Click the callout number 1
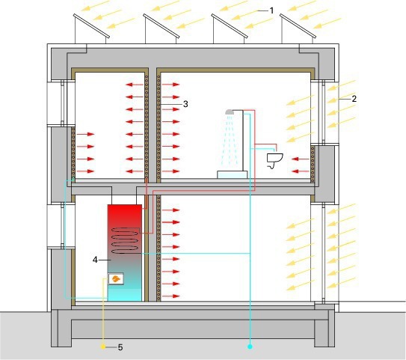coord(271,10)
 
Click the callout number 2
coord(354,99)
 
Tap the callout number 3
coord(185,104)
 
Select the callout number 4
coord(95,260)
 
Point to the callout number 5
coord(120,347)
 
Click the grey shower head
coord(230,112)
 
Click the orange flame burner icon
coord(115,279)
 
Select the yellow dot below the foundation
coord(103,347)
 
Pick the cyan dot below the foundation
coord(250,347)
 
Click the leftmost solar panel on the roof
coord(91,25)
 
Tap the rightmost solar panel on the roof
coord(298,25)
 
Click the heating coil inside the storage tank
coord(125,240)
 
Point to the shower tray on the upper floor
coord(232,174)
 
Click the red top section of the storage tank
coord(125,218)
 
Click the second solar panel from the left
coord(161,25)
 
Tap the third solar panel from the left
coord(230,25)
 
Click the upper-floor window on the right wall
coord(324,112)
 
